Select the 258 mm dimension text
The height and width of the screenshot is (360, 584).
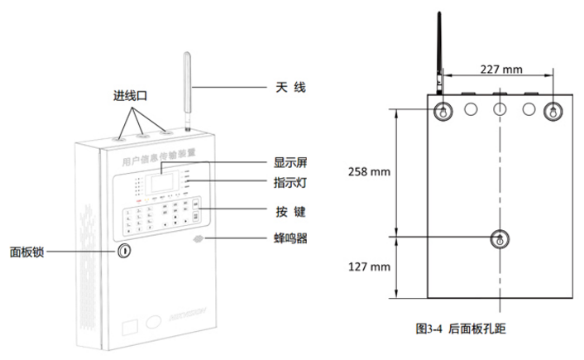(x=369, y=171)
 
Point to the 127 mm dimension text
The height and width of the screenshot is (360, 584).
(x=369, y=266)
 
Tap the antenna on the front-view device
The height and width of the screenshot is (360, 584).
(x=187, y=87)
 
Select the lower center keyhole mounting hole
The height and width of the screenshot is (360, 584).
(x=499, y=238)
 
